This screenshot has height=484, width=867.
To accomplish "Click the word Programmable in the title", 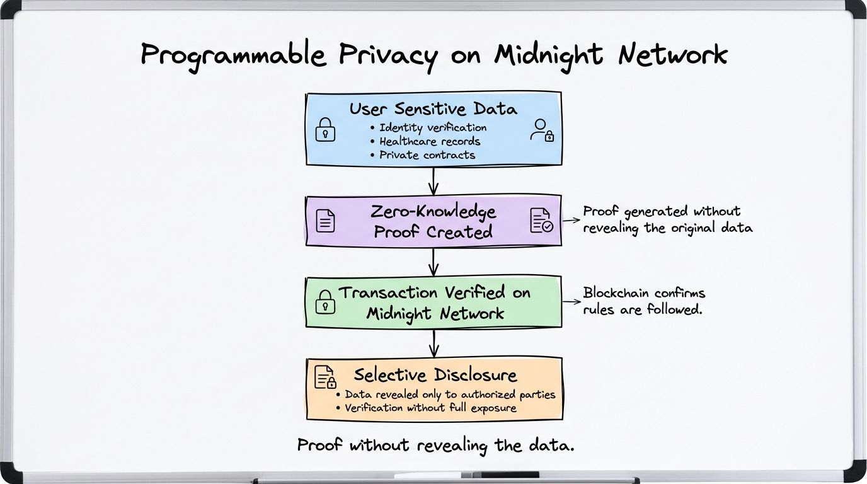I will point(234,55).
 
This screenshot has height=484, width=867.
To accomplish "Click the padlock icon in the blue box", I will point(325,130).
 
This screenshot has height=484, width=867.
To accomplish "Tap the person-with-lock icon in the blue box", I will point(541,130).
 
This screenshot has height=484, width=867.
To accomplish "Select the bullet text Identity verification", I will point(432,127).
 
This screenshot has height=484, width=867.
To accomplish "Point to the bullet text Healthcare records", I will point(430,141).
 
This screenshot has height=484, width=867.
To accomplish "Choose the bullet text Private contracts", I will point(427,155).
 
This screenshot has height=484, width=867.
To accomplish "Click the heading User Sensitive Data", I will point(433,109).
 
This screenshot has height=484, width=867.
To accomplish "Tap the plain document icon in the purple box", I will point(325,221).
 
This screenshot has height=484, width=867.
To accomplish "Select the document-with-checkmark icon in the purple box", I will point(541,221).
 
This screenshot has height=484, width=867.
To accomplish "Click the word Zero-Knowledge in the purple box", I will point(433,212).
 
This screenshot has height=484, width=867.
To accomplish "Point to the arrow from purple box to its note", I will point(571,221).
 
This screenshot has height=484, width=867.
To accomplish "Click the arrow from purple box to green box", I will point(433,261).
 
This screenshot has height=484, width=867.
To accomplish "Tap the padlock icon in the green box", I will point(325,301).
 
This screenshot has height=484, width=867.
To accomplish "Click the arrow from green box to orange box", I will point(433,343).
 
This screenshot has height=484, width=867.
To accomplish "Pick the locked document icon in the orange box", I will point(325,377).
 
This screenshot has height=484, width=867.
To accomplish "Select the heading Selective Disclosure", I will point(435,375).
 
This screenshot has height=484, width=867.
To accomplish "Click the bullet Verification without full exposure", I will point(431,408).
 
